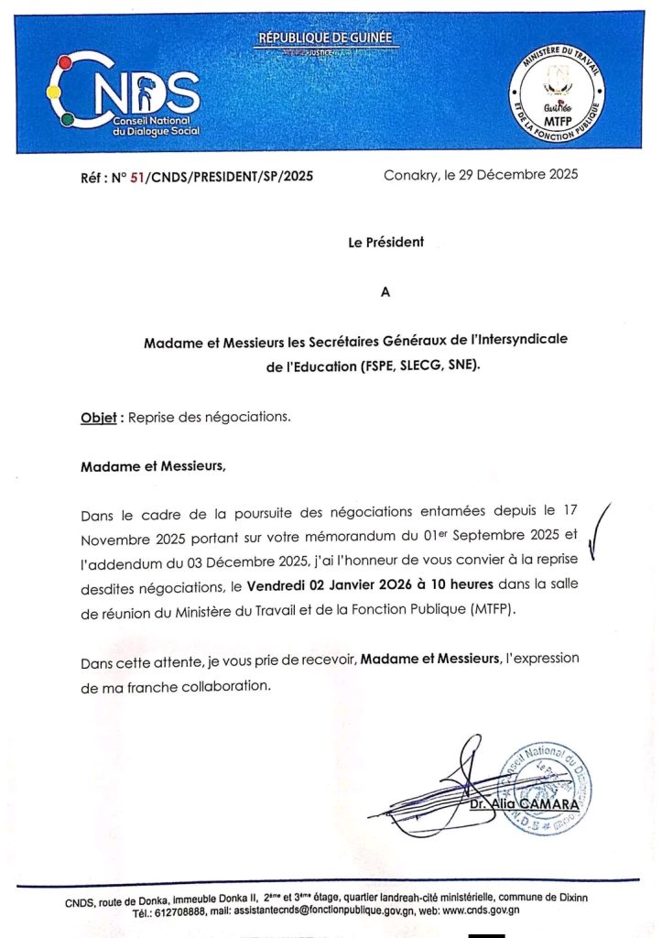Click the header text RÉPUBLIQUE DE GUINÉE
(324, 38)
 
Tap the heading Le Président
(385, 243)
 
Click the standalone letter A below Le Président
(385, 292)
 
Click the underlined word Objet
(98, 418)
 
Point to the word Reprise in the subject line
(150, 418)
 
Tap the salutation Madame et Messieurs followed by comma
(153, 465)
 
